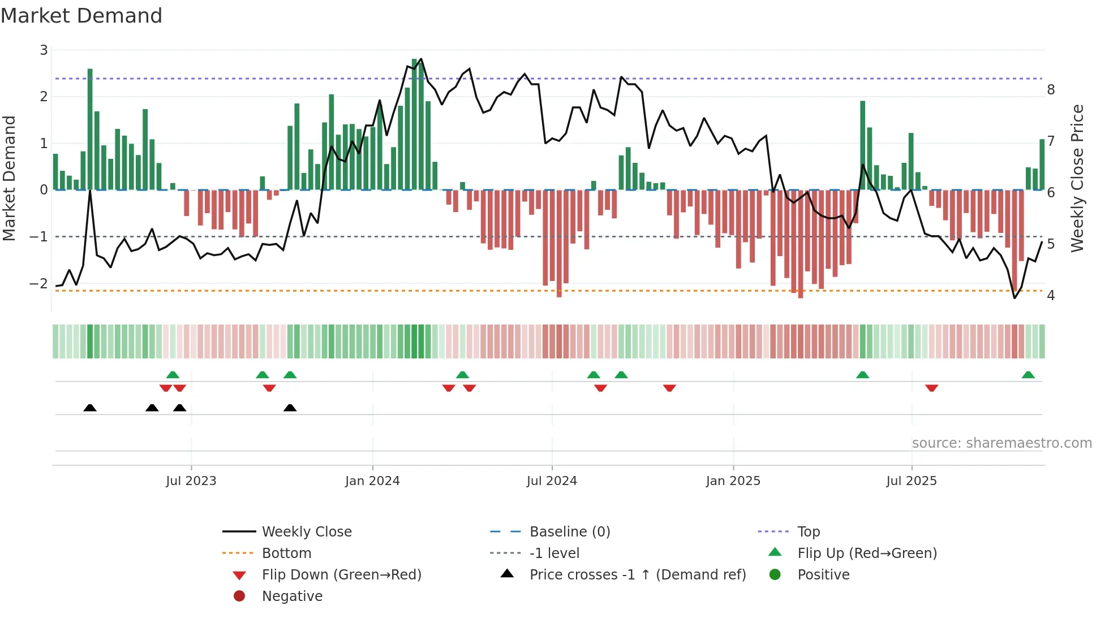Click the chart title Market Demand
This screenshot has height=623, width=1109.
pyautogui.click(x=81, y=16)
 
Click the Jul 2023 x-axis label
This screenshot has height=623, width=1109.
pyautogui.click(x=191, y=481)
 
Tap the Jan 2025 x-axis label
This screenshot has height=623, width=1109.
pyautogui.click(x=733, y=481)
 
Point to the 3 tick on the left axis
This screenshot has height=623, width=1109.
pyautogui.click(x=44, y=50)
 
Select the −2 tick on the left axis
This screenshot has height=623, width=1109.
pyautogui.click(x=39, y=283)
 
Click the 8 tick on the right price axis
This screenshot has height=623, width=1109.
pyautogui.click(x=1051, y=89)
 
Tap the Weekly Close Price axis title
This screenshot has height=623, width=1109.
pyautogui.click(x=1077, y=178)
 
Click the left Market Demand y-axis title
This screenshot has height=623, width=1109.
pyautogui.click(x=10, y=178)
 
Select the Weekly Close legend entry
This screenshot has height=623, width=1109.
pyautogui.click(x=306, y=532)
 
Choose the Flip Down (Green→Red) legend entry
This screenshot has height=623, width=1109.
pyautogui.click(x=341, y=575)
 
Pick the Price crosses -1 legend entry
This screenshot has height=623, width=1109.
pyautogui.click(x=637, y=575)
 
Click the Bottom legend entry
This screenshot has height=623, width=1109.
pyautogui.click(x=286, y=553)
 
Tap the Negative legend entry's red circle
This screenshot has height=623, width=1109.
pyautogui.click(x=239, y=596)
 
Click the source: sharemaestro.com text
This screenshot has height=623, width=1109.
pyautogui.click(x=1001, y=443)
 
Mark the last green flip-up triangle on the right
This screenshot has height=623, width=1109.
pyautogui.click(x=1028, y=375)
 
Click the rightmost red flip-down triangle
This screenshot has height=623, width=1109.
pyautogui.click(x=931, y=388)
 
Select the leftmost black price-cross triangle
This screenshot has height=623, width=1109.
pyautogui.click(x=90, y=408)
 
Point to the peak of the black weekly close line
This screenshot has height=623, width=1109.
pyautogui.click(x=421, y=59)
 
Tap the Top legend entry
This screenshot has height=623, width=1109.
pyautogui.click(x=808, y=532)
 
